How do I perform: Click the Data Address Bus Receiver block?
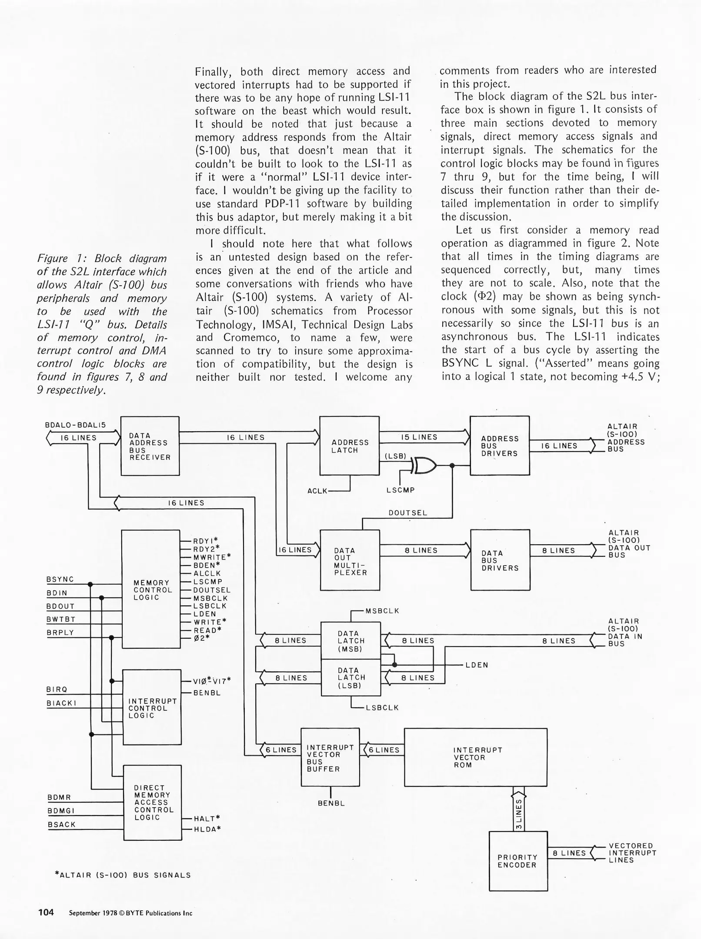pos(150,446)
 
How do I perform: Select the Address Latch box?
pos(349,446)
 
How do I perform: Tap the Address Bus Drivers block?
pos(499,446)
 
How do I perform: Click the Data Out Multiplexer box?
pos(350,561)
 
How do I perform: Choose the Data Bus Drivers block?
pos(500,560)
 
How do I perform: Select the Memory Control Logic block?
pos(150,589)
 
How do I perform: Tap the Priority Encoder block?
pos(518,861)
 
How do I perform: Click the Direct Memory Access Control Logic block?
pos(152,802)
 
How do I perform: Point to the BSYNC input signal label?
pos(60,579)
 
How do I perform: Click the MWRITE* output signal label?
pos(212,557)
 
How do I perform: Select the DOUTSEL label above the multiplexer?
pos(407,513)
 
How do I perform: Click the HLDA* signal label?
pos(207,829)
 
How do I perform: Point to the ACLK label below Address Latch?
pos(317,491)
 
